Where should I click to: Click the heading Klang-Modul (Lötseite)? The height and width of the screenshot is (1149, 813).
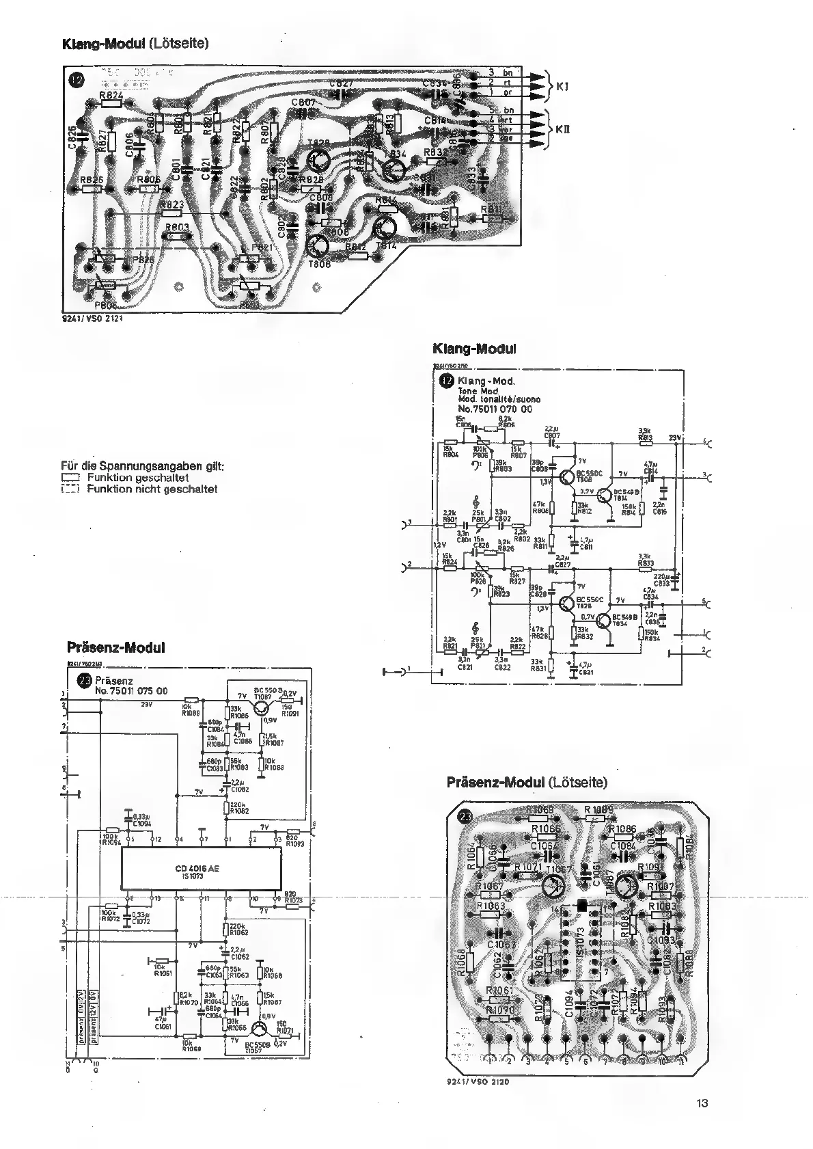coord(135,44)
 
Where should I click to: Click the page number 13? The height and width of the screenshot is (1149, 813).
coord(704,1103)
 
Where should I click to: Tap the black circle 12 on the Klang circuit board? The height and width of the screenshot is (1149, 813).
coord(77,80)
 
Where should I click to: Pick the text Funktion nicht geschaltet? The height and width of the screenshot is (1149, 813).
coord(152,489)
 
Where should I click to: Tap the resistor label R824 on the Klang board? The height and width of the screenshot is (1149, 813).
coord(111,96)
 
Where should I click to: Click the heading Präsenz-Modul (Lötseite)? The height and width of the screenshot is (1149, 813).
coord(526,782)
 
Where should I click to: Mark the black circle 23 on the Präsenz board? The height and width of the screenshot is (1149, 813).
coord(465,816)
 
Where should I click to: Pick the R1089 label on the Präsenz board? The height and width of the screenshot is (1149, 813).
coord(598,811)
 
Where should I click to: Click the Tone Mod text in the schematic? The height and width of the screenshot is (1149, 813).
coord(478,391)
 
